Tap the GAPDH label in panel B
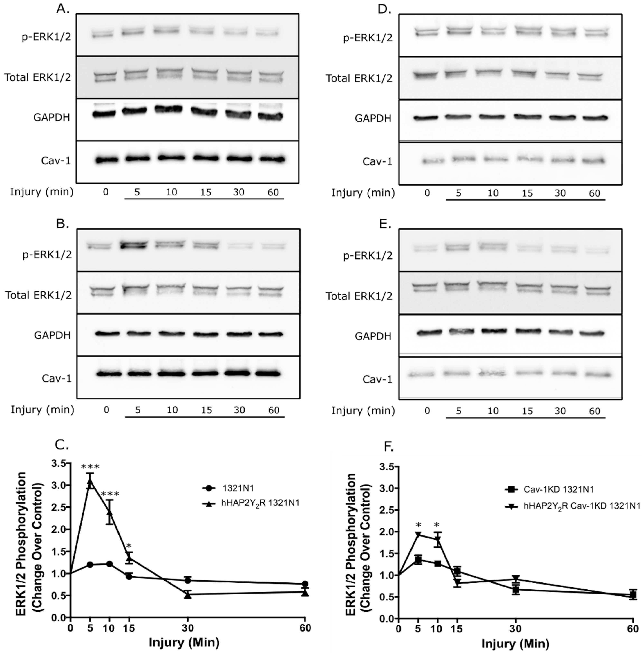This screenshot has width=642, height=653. [x=52, y=335]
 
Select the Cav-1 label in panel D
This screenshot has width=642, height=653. [x=377, y=162]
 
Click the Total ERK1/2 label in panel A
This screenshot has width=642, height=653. [x=38, y=78]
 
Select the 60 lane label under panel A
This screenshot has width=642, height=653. [x=273, y=192]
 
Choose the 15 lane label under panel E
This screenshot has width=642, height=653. [x=527, y=411]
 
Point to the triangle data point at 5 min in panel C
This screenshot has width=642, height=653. [x=90, y=482]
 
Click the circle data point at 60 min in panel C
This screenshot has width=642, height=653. [x=305, y=584]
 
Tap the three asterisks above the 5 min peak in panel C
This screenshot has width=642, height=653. [x=90, y=467]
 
